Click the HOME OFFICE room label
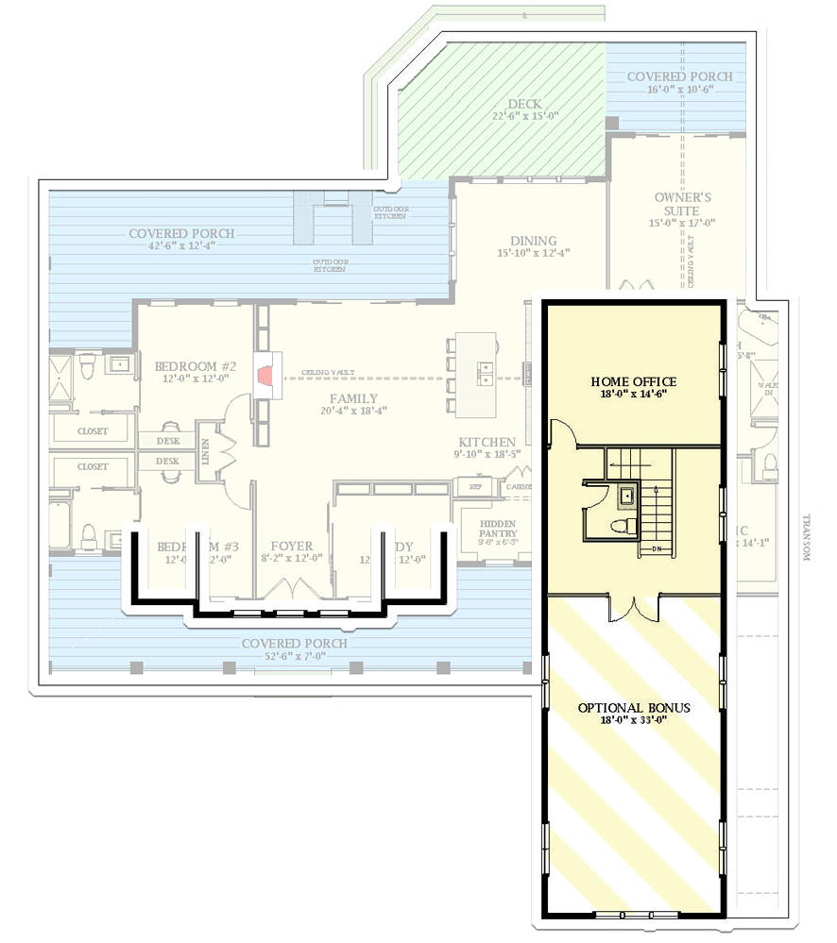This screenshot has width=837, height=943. tap(634, 381)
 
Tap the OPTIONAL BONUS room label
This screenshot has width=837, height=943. tap(634, 707)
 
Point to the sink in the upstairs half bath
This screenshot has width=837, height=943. tap(624, 494)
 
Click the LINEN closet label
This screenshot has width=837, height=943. tap(205, 451)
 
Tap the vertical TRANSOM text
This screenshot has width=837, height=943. tap(805, 537)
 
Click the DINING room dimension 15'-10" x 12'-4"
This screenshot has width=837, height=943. tap(533, 253)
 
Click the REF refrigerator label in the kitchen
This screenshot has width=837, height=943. tap(476, 486)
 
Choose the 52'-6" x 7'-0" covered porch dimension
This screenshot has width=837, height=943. tap(293, 656)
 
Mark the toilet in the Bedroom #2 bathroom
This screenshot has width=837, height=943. tap(86, 362)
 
